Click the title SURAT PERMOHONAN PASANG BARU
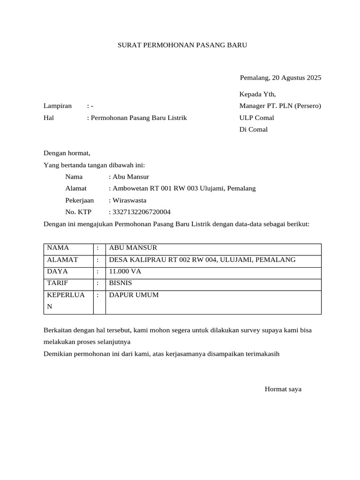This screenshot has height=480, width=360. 182,45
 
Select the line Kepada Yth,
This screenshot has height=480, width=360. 257,94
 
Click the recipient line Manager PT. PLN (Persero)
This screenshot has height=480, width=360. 280,106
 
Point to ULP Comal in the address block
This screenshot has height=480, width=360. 256,118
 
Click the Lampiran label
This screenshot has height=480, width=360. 58,106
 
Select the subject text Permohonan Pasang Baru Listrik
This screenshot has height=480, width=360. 139,118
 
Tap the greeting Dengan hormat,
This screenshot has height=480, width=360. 67,153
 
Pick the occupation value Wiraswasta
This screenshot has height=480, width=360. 129,200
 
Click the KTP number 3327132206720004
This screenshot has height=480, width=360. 141,212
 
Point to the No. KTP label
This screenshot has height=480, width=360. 78,212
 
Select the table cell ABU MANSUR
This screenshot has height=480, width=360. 133,248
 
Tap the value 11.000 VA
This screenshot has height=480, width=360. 125,271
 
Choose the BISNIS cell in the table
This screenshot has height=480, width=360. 120,283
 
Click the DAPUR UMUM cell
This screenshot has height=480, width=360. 134,295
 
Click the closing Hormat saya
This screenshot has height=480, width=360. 283,389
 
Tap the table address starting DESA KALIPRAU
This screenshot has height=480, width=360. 202,260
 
